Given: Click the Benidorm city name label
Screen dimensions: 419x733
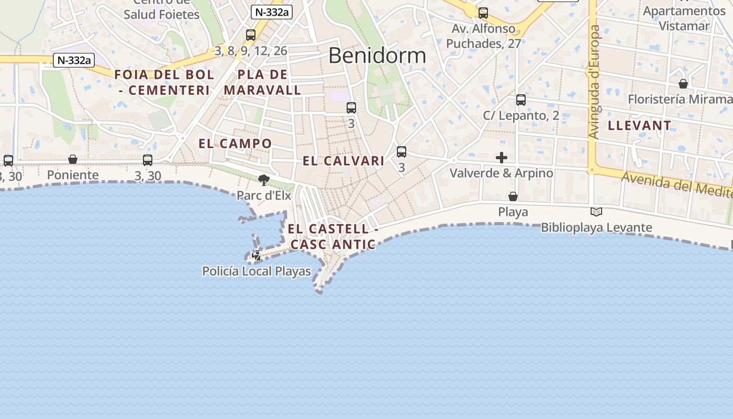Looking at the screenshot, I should click(377, 55).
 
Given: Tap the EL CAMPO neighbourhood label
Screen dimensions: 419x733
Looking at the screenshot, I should click(235, 144).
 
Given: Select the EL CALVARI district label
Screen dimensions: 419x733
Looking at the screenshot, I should click(343, 161).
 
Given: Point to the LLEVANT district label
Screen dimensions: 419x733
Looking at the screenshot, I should click(639, 125).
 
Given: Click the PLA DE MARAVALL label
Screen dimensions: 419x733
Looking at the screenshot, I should click(262, 82).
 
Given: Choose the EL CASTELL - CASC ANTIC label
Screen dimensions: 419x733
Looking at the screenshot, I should click(332, 237).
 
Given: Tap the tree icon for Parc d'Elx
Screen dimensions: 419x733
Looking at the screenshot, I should click(264, 180).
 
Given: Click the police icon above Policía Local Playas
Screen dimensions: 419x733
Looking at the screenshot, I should click(257, 256).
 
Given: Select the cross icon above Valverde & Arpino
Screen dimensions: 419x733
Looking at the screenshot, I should click(502, 158).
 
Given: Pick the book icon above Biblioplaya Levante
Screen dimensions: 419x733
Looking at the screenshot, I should click(596, 212).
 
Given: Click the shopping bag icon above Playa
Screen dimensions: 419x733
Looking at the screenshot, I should click(513, 196).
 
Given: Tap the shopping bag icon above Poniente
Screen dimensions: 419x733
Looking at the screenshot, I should click(73, 159).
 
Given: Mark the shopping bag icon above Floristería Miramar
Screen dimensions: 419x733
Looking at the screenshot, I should click(683, 84).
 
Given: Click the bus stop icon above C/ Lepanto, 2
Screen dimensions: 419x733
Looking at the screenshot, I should click(520, 100).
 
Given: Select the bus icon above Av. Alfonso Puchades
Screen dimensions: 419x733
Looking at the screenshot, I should click(483, 13).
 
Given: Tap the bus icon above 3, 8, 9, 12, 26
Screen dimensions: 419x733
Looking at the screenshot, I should click(251, 35).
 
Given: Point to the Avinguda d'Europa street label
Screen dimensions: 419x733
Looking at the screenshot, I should click(594, 82).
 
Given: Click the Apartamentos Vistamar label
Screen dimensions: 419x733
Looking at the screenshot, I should click(684, 18).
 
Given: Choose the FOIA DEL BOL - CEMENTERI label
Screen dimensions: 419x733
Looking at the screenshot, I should click(164, 82).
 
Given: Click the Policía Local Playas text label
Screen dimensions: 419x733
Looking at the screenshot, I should click(257, 271).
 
